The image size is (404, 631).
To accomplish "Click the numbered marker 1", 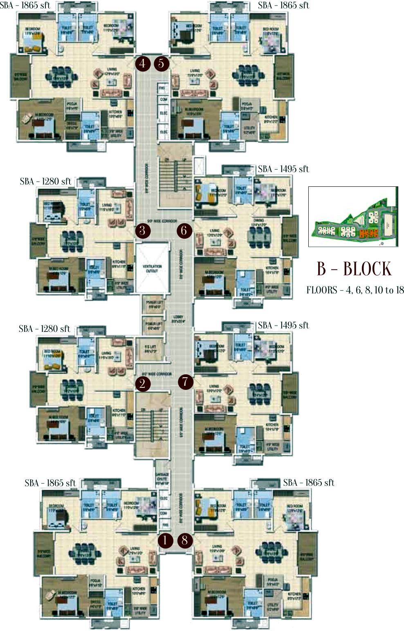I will pos(165,540).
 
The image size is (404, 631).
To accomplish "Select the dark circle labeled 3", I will pos(142,230).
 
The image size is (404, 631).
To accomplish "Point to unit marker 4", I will pos(142,63).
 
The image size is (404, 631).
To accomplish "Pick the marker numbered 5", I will pos(162,63).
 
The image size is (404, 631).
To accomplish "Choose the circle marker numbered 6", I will pos(184,230).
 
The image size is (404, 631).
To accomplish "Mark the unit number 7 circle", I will pos(186,382).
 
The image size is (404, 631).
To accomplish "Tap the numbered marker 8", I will pos(185,540).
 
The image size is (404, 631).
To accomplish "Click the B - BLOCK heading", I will pos(354,269).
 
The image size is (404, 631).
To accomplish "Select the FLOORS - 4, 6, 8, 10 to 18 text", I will pos(355,290).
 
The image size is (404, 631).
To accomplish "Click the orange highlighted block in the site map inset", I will pos(368,234).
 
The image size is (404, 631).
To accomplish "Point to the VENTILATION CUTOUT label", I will pos(152,268).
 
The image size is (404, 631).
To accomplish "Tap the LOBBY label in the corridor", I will pos(178,319).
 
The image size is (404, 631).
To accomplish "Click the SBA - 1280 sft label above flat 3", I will pos(45,181).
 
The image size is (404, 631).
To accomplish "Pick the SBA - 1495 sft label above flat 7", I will pos(283,325).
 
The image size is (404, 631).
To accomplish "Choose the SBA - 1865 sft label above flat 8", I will pos(309,483).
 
